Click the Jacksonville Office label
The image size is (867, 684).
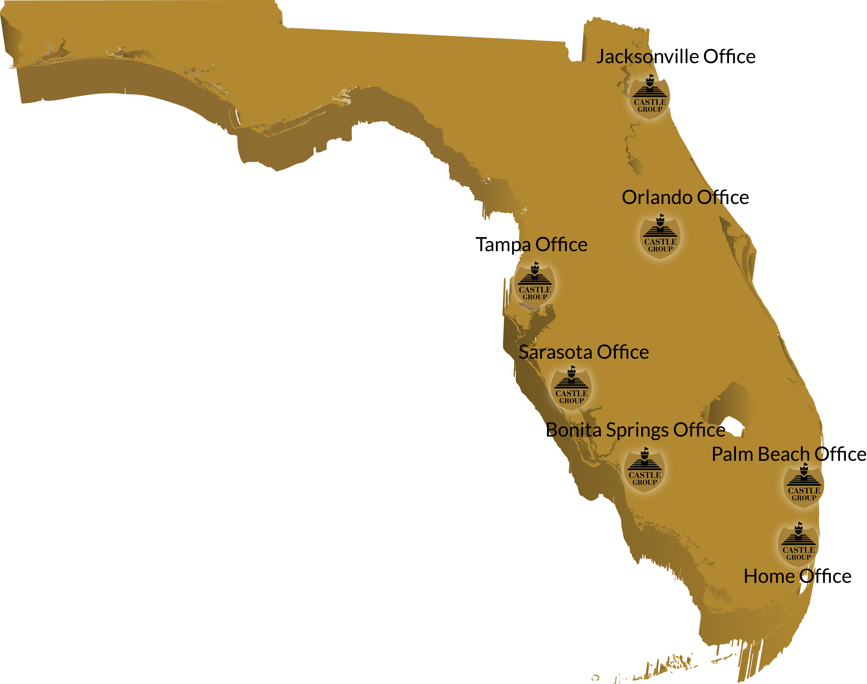676,57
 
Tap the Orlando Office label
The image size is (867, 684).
685,197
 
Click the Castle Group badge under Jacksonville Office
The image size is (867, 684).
650,97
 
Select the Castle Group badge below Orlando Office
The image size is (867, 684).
660,237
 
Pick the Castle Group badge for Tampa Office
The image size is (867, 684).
535,285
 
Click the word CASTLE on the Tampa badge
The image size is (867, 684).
535,290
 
